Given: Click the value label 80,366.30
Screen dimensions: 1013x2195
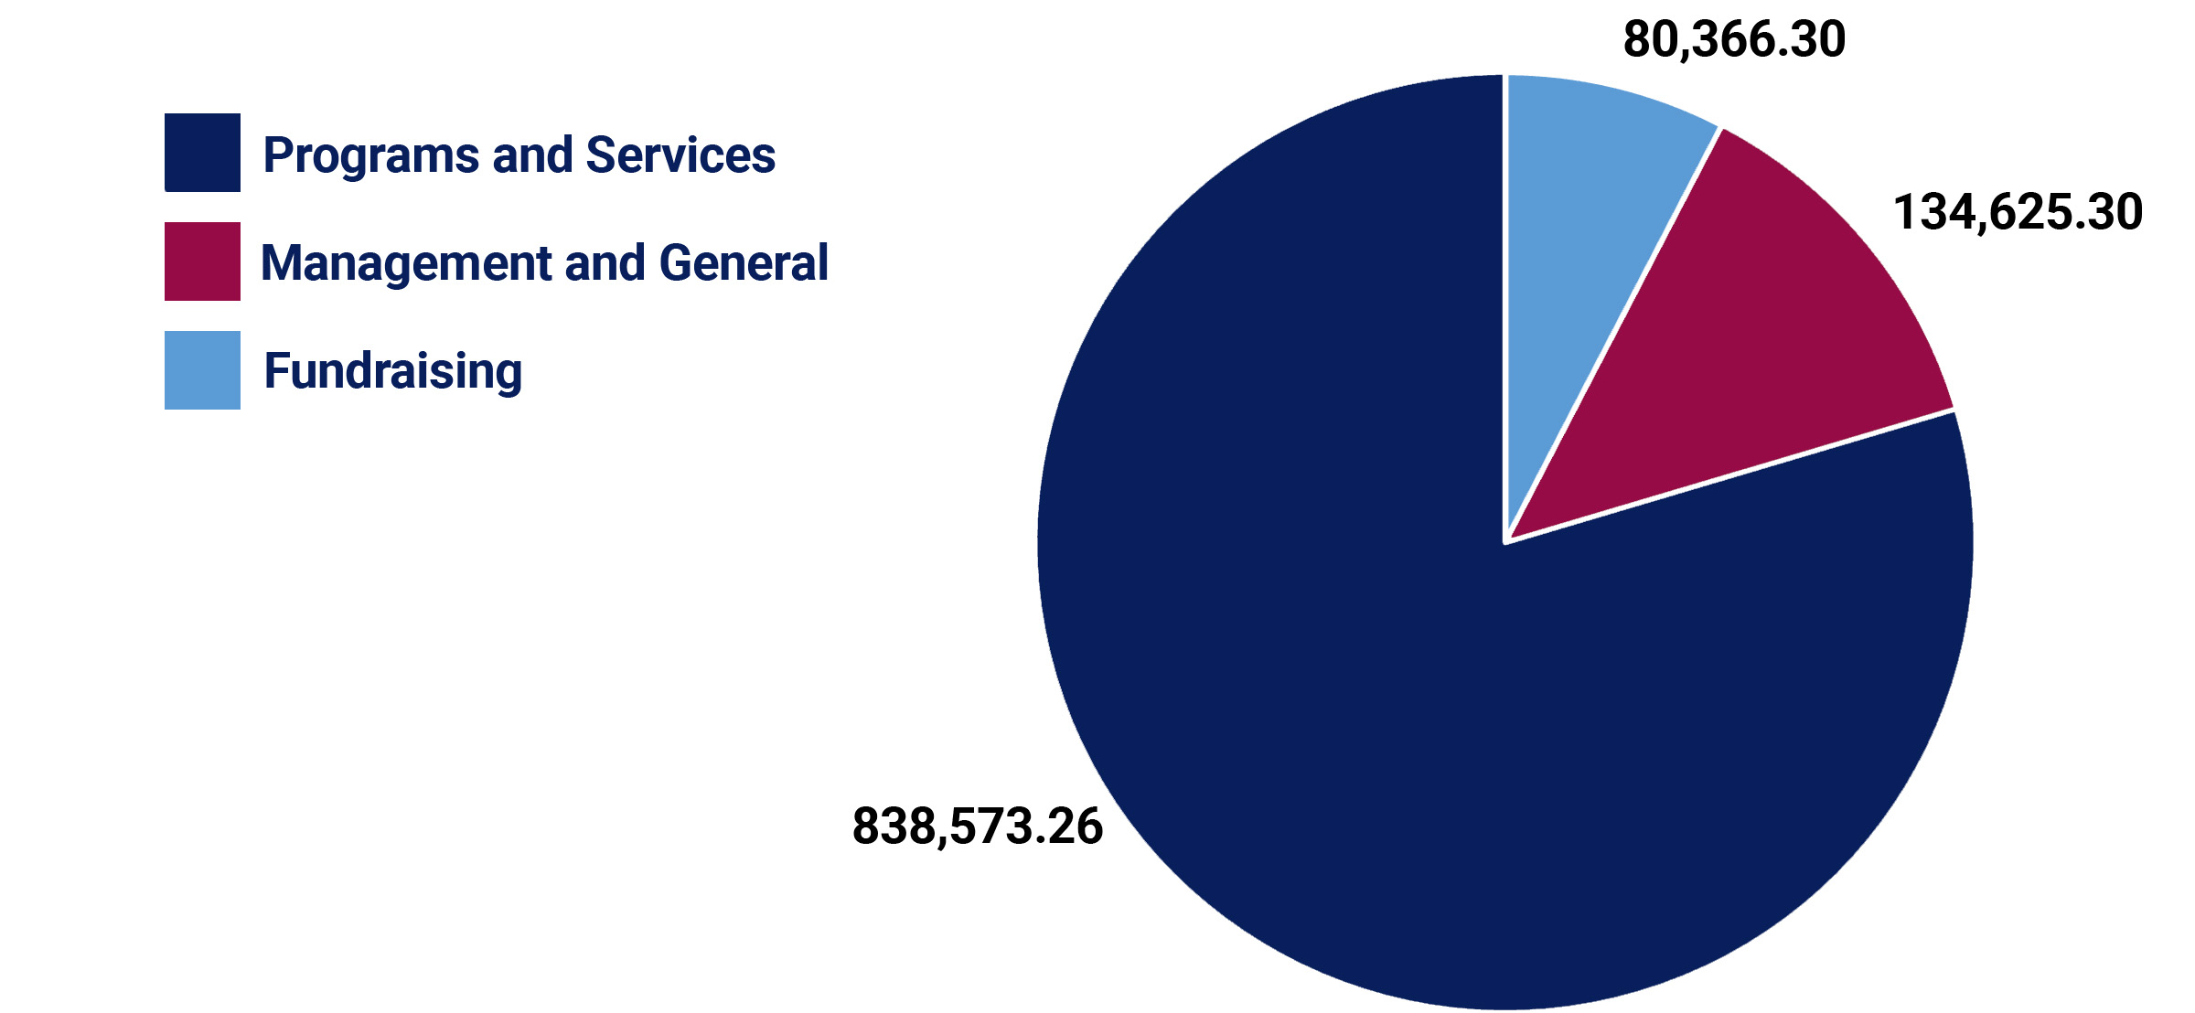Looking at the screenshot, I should [x=1734, y=40].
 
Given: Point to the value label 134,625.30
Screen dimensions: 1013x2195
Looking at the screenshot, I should [x=2018, y=212].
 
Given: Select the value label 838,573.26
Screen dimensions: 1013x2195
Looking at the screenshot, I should [x=978, y=826].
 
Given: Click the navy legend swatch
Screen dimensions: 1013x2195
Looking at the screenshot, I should [x=202, y=153].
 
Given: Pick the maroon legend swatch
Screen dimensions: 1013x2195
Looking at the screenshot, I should [x=202, y=261].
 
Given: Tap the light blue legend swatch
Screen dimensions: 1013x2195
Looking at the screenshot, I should [x=202, y=370].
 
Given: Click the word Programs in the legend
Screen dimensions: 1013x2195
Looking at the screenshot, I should [x=370, y=155].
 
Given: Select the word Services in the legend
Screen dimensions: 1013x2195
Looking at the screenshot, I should [x=680, y=155].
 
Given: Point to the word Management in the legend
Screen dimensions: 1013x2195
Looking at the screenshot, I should [x=405, y=264].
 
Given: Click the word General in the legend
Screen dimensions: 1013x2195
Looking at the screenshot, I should [x=744, y=263].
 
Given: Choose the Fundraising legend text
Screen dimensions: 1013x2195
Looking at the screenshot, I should [x=392, y=372].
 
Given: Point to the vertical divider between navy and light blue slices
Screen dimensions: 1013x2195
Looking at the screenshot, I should [x=1504, y=311].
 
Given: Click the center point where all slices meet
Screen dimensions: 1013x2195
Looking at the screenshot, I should [x=1505, y=542].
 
